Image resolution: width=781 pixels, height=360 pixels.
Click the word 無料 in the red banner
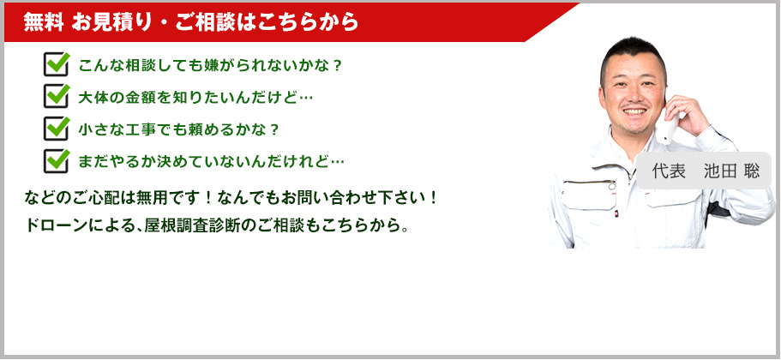coord(44,22)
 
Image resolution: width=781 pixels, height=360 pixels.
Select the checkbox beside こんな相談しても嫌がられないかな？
coord(57,64)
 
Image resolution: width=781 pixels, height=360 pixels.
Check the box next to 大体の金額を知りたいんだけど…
coord(57,96)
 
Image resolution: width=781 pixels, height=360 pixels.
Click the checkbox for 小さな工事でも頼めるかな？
coord(57,129)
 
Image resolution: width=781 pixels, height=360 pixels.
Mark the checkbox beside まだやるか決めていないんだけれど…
coord(57,161)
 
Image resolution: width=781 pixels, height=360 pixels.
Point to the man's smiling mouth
coord(634,111)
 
